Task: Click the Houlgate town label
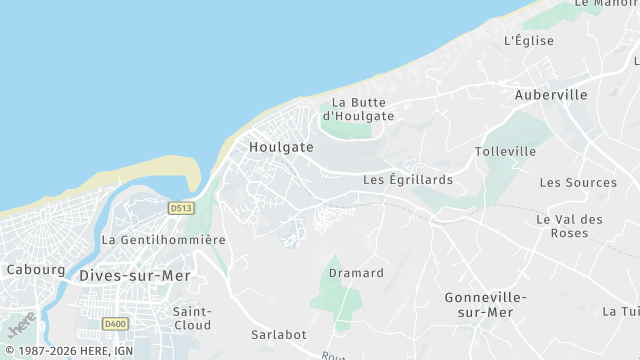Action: tap(281, 147)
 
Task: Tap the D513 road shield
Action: tap(180, 208)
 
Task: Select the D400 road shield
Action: tap(115, 324)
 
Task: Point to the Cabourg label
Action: tap(36, 270)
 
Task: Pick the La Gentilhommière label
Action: tap(164, 240)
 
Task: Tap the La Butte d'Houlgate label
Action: tap(362, 109)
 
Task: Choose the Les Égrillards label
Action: tap(407, 180)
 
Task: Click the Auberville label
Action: tap(551, 95)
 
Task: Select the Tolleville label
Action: tap(505, 152)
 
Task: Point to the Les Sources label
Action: tap(578, 183)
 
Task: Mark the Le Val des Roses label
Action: tap(569, 226)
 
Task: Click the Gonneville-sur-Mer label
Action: tap(485, 305)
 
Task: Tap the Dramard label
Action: tap(356, 273)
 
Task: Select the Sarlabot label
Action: tap(278, 335)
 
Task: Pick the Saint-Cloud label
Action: tap(192, 318)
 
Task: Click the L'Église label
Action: tap(529, 41)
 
